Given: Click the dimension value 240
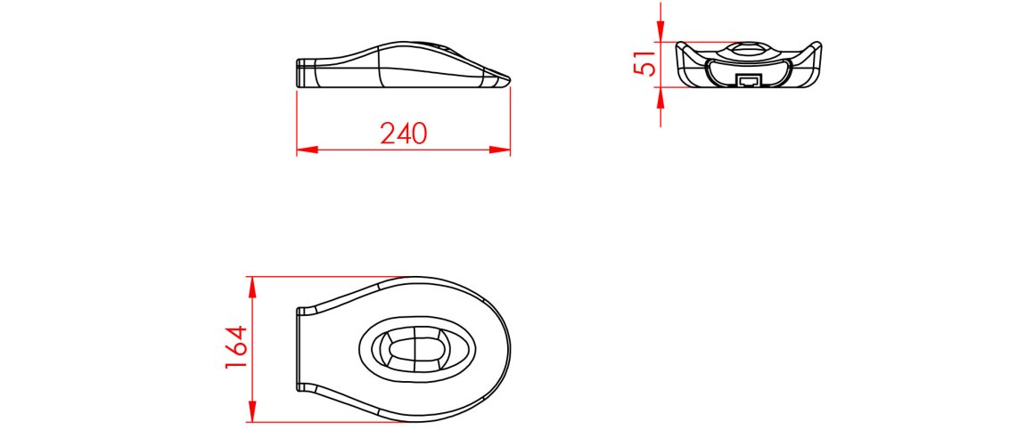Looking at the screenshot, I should point(404,134).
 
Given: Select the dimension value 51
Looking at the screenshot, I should point(645,64).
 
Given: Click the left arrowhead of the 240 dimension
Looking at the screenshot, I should point(307,150).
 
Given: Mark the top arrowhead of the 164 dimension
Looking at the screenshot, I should point(252,287).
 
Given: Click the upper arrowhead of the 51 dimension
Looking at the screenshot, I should point(660,33).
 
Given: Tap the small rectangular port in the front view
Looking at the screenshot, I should point(748,81).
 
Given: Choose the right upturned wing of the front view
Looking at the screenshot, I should point(813,50).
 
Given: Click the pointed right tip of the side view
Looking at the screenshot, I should point(509,80).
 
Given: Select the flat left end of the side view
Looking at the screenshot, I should point(298,73).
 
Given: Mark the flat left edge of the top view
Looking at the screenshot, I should point(297,350).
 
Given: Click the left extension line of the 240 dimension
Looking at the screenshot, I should point(297,120).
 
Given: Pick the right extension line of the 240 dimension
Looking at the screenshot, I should point(510,120).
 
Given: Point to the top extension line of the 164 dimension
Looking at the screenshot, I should point(339,277).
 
